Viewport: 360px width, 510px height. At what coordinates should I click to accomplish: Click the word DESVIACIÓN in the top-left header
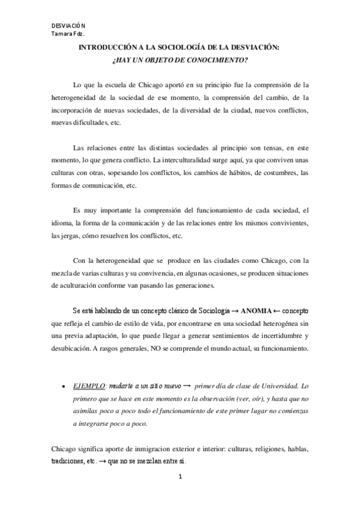[68, 26]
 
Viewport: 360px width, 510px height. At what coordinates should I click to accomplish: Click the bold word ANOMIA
[257, 310]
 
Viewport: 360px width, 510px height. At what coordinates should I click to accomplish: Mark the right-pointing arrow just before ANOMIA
[234, 311]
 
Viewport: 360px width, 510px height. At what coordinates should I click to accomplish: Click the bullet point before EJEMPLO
[64, 383]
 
